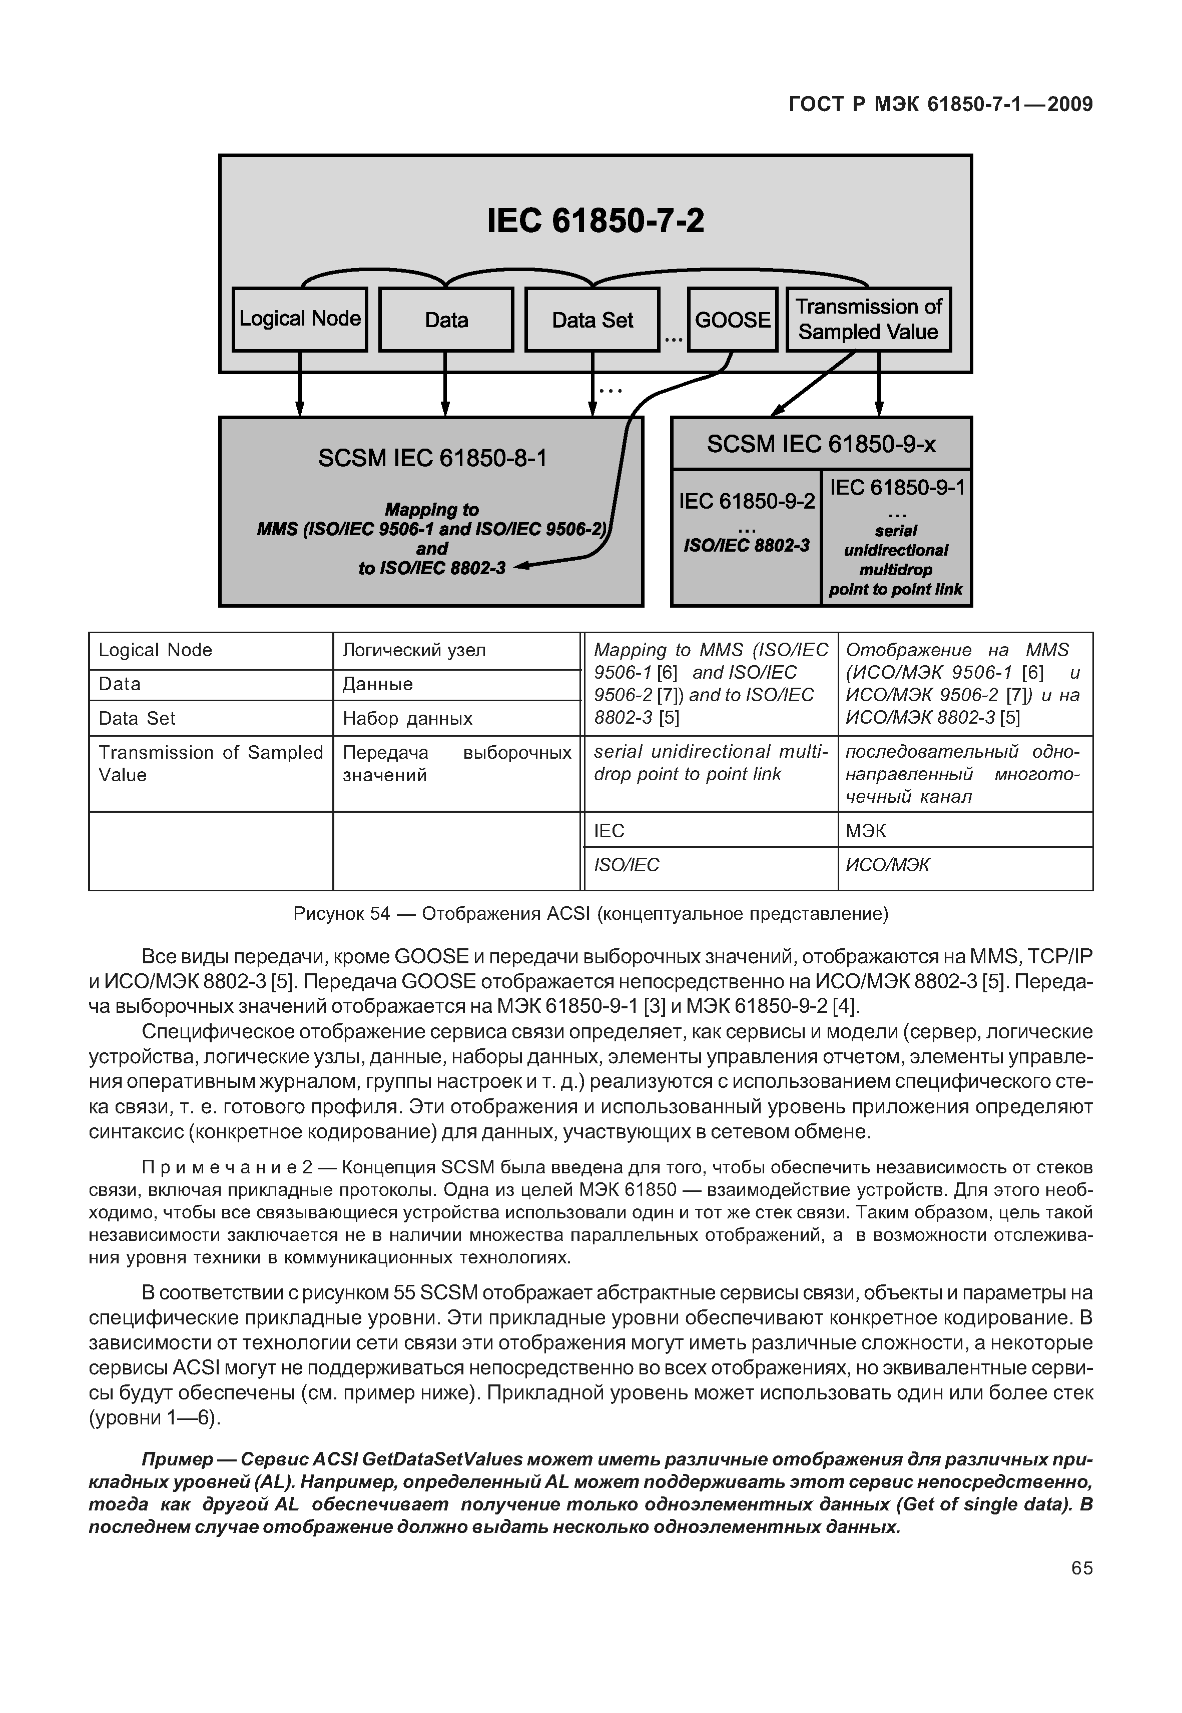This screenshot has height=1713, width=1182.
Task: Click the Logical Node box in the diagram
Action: [299, 319]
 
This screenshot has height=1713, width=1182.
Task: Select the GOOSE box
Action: [732, 320]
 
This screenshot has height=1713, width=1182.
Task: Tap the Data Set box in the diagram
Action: [592, 320]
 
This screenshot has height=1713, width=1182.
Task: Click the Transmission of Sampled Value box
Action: [868, 319]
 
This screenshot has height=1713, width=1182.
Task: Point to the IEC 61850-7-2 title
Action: [596, 221]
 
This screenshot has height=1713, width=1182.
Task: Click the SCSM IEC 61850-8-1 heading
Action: [432, 458]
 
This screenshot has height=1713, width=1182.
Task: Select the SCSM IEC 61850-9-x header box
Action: [821, 444]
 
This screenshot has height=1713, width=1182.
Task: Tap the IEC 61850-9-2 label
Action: [747, 501]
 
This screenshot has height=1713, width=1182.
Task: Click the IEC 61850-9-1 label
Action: [897, 487]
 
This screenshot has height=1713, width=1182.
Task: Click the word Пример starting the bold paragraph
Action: [177, 1459]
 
